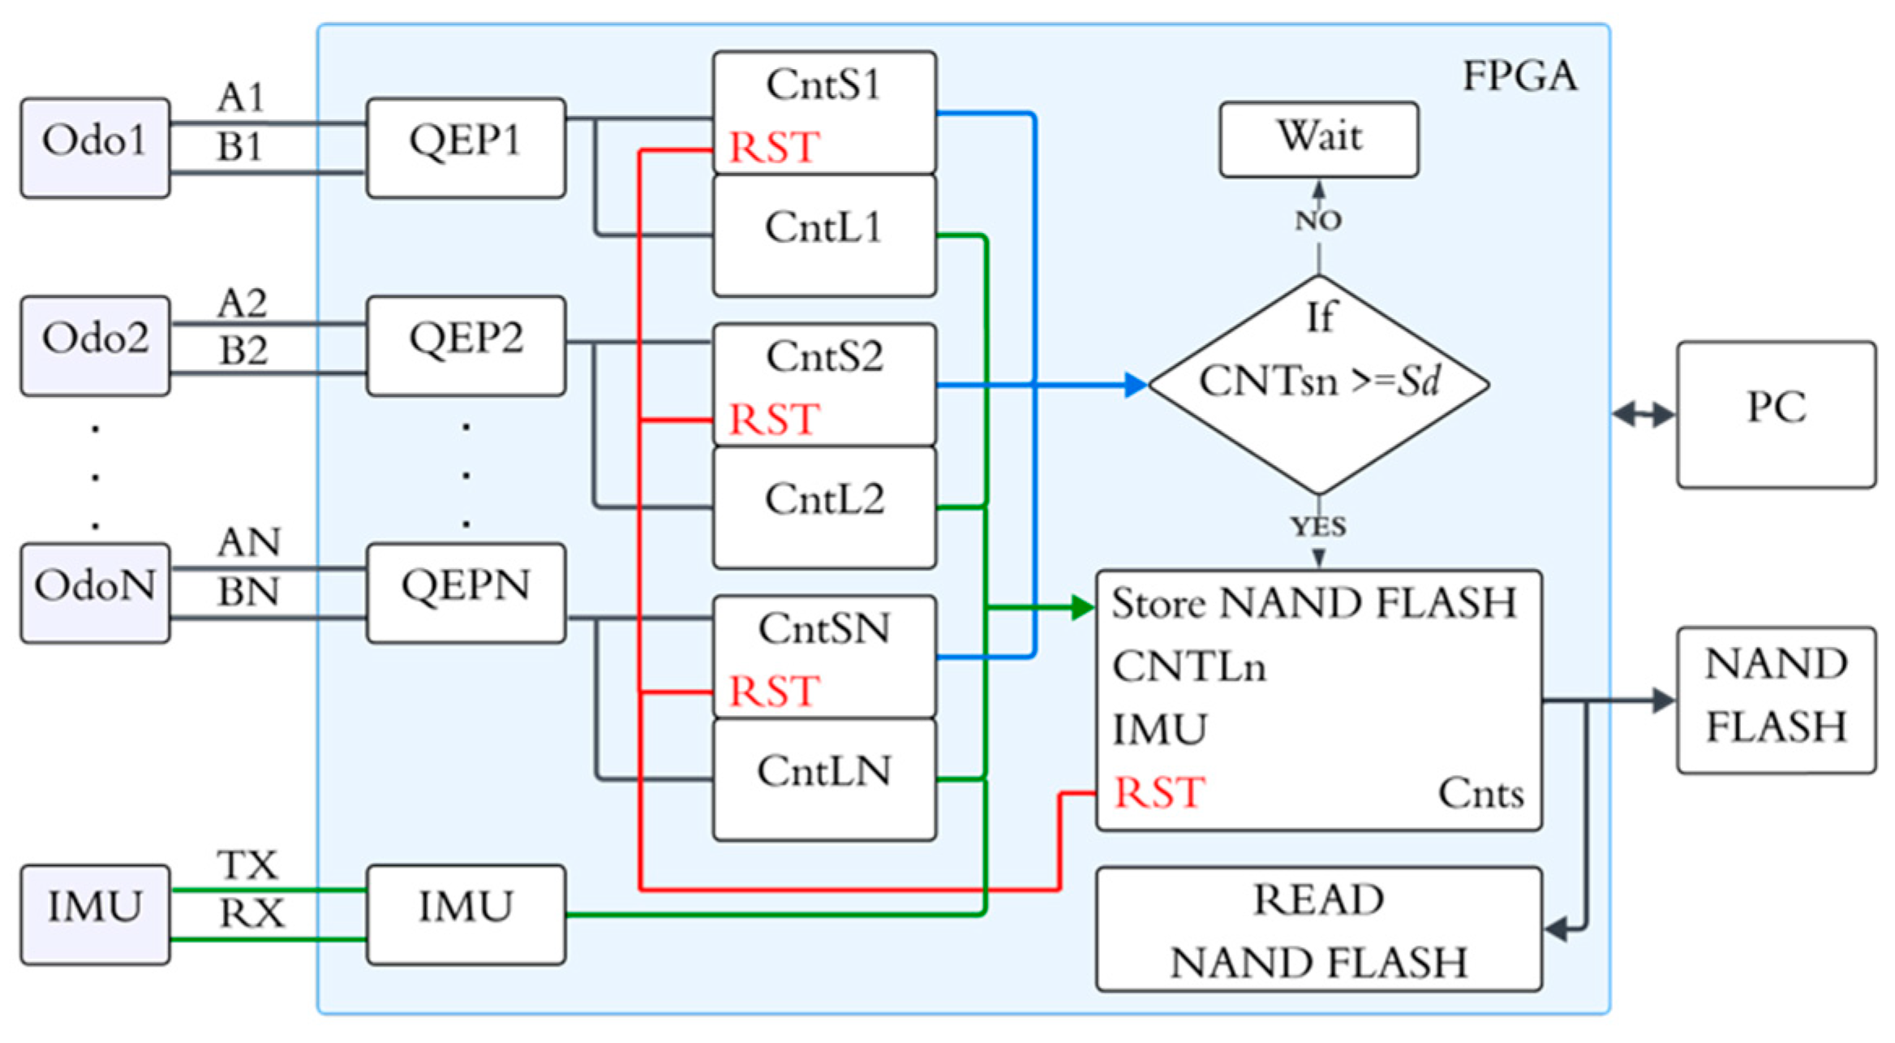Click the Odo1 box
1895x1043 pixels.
95,148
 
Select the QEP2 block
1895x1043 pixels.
466,345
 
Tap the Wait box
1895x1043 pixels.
1319,139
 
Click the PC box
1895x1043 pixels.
1776,414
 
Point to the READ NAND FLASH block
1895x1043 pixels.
1318,929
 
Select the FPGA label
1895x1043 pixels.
1519,77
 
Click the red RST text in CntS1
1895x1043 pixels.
774,149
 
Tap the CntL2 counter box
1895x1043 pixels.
824,507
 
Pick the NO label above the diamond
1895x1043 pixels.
1318,221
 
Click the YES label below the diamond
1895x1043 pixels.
1318,528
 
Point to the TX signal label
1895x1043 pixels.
247,865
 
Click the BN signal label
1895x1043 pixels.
248,593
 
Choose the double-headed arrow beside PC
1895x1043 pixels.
1644,415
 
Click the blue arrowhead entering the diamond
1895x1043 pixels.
1135,385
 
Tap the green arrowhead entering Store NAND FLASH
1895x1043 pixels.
1082,607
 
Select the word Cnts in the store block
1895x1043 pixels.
1480,794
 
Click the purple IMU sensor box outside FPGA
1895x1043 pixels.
95,914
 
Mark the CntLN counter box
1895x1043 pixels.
824,779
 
